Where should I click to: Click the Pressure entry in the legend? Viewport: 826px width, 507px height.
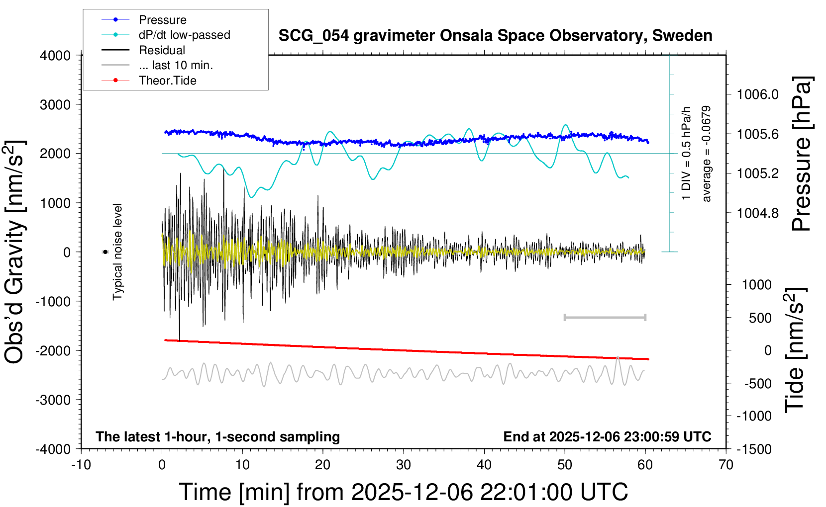tap(162, 20)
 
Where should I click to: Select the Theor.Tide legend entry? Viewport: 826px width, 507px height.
tap(167, 81)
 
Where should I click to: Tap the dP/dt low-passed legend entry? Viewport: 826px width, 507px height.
tap(184, 35)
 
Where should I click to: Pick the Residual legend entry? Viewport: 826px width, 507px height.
tap(162, 50)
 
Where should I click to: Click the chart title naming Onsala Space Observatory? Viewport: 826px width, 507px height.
tap(495, 36)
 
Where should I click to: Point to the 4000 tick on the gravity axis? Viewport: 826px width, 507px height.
tap(55, 56)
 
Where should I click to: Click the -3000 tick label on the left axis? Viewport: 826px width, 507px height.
tap(53, 400)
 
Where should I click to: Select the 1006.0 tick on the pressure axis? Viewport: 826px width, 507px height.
tap(757, 94)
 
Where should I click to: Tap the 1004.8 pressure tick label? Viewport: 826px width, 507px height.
tap(757, 213)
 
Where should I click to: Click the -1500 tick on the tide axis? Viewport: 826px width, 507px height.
tap(755, 449)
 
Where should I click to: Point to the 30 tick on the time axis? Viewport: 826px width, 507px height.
tap(403, 465)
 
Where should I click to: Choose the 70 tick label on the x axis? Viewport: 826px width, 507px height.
tap(725, 465)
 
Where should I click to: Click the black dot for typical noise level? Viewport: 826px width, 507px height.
tap(105, 252)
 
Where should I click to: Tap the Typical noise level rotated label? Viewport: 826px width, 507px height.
tap(117, 252)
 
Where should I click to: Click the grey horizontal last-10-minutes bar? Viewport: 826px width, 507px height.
tap(605, 317)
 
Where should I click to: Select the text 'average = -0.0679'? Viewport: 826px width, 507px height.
tap(706, 154)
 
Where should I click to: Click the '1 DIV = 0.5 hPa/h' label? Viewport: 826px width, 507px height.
tap(686, 153)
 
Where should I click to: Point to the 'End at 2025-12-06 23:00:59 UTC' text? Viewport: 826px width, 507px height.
tap(607, 437)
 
